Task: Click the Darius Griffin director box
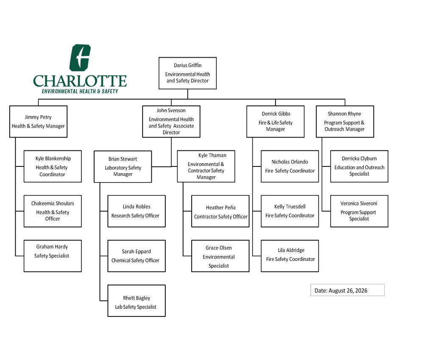pos(187,73)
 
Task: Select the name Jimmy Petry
pos(38,117)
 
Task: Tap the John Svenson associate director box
pos(171,122)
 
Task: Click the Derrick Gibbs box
pos(275,122)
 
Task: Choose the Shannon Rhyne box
pos(345,122)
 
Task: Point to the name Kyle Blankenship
pos(53,158)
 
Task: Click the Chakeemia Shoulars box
pos(53,211)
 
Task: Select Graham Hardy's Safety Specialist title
pos(52,256)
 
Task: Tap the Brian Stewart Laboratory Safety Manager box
pos(123,166)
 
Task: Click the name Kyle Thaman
pos(212,155)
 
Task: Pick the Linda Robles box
pos(137,211)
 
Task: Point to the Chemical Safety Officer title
pos(135,260)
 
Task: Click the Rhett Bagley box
pos(137,301)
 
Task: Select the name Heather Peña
pos(220,208)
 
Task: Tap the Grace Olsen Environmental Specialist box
pos(220,256)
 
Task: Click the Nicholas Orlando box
pos(290,166)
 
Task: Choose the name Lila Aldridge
pos(291,250)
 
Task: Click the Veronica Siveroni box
pos(359,211)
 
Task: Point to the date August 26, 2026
pos(348,291)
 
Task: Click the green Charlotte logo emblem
pos(80,58)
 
